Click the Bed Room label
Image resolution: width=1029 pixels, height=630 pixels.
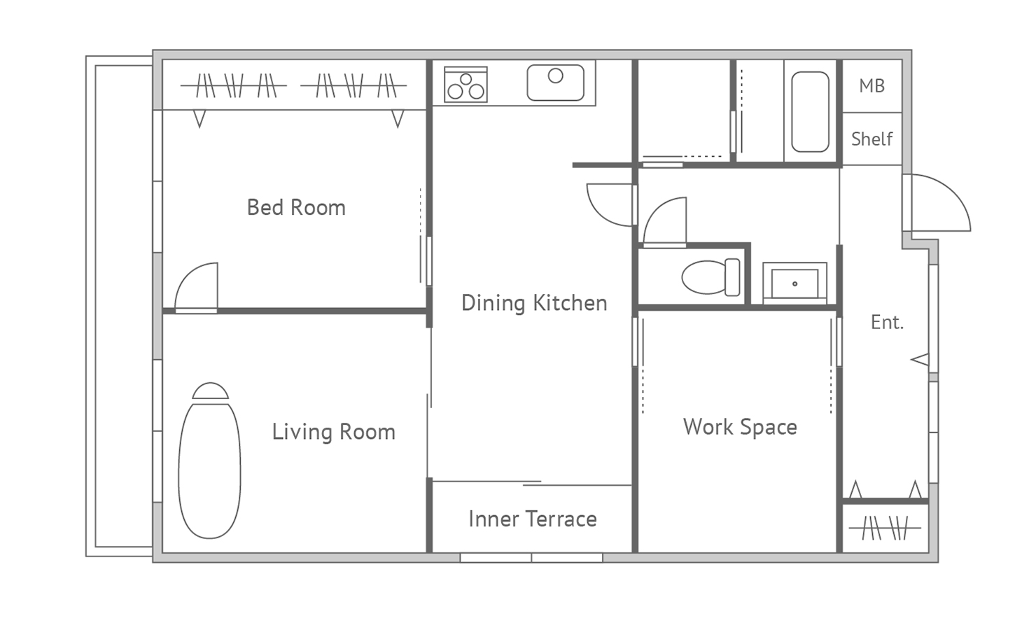point(296,208)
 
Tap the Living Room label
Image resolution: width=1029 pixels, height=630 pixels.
point(334,432)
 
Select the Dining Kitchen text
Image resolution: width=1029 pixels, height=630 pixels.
point(534,303)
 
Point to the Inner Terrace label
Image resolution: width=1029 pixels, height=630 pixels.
point(533,519)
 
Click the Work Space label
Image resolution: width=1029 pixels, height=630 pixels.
point(740,427)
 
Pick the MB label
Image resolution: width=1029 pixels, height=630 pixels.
point(872,86)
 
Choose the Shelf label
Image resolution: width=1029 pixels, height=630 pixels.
point(872,139)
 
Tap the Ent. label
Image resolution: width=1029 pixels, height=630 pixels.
point(887,322)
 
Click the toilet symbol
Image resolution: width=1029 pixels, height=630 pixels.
point(710,276)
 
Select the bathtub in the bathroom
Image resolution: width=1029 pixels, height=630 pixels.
point(811,112)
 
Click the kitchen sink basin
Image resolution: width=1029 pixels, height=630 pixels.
point(555,83)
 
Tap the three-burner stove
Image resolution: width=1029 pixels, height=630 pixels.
point(465,85)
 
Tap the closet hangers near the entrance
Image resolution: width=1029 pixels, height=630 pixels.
point(885,528)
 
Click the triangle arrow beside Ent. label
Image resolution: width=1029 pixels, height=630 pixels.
point(920,360)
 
